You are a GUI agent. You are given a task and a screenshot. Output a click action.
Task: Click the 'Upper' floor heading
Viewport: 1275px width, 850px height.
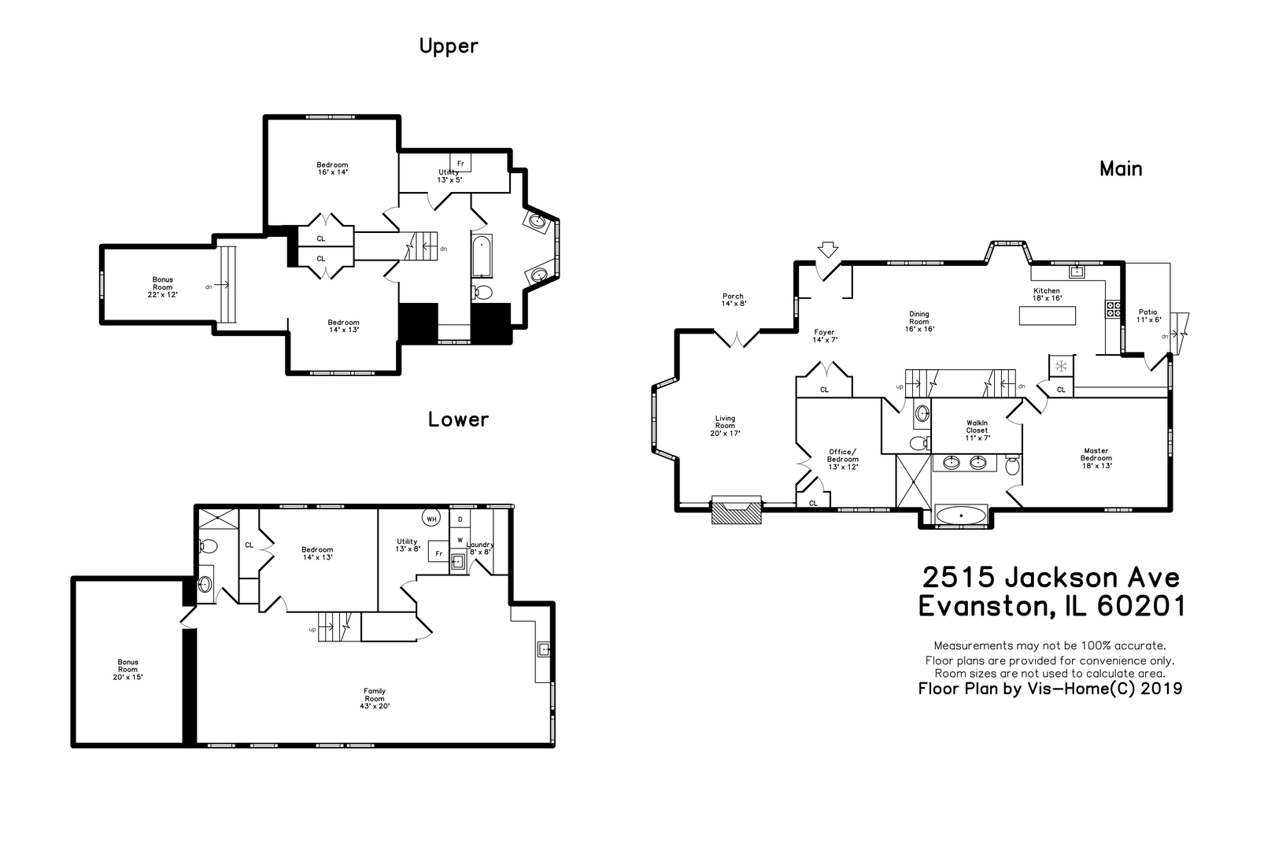[x=448, y=46]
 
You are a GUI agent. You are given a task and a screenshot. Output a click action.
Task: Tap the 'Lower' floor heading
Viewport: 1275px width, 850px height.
[x=457, y=419]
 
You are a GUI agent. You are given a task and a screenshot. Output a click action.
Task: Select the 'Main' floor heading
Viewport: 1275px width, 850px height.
[x=1121, y=168]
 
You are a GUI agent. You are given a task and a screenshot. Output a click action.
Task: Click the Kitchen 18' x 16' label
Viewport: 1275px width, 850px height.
[x=1047, y=294]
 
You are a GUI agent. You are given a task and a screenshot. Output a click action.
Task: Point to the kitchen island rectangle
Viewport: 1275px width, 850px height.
[x=1047, y=316]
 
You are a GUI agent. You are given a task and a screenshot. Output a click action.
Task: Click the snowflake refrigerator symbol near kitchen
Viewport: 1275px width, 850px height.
[x=1060, y=365]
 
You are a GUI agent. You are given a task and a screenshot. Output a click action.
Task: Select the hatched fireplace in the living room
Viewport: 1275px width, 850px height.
[x=737, y=509]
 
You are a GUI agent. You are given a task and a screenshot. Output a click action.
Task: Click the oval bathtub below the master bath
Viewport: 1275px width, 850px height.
[x=961, y=516]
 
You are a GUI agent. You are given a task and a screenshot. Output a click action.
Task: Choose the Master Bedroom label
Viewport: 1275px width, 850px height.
[x=1096, y=458]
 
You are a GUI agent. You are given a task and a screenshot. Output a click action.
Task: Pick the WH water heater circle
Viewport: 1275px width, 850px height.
[x=431, y=518]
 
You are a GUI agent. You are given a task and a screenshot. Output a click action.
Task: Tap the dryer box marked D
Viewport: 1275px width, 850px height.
[x=460, y=519]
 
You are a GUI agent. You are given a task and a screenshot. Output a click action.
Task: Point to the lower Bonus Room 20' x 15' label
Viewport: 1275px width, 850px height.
[x=128, y=669]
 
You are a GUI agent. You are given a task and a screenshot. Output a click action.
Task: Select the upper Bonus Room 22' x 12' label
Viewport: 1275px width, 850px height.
[x=163, y=286]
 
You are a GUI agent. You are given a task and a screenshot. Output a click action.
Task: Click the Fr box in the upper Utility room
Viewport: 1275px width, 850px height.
[x=460, y=164]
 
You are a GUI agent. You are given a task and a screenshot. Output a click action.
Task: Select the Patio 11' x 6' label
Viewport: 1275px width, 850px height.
[x=1147, y=316]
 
